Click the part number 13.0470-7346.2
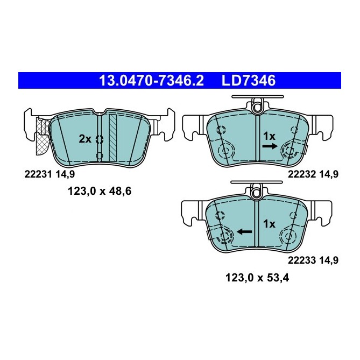tap(152, 81)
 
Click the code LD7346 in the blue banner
tap(248, 81)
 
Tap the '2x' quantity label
tap(85, 138)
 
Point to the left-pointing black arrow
tap(245, 231)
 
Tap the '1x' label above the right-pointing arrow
tap(269, 136)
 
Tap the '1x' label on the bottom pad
tap(269, 223)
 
